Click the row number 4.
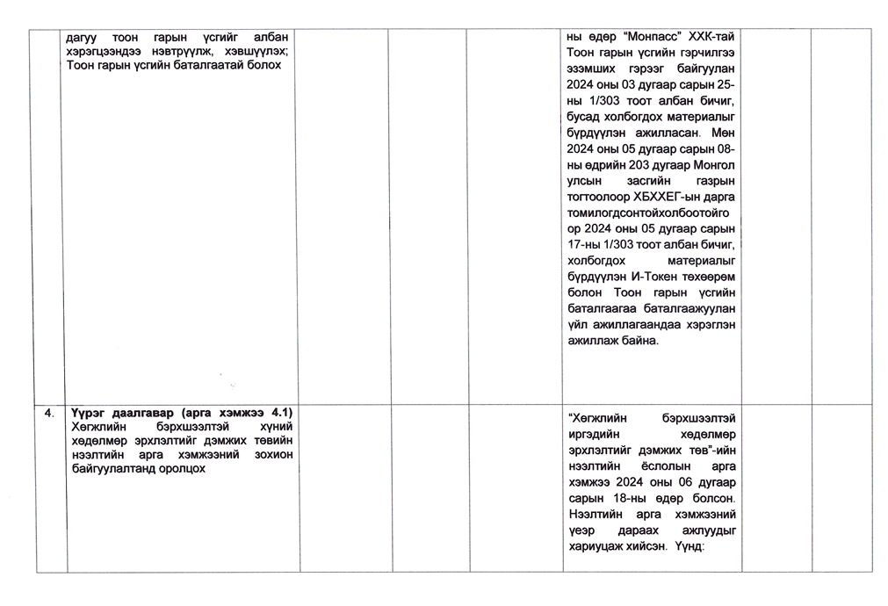[x=51, y=413]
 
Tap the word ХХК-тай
[x=709, y=39]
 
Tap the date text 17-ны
[x=581, y=244]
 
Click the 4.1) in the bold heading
[x=280, y=413]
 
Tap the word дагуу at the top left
[x=84, y=39]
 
